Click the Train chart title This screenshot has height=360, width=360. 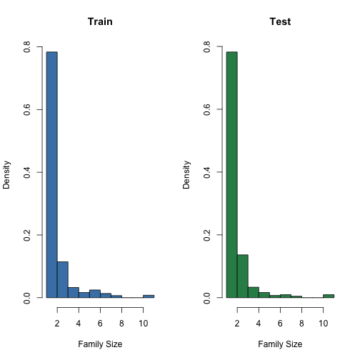coord(100,22)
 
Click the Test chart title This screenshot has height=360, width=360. coord(280,22)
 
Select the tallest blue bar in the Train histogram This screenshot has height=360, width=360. coord(51,174)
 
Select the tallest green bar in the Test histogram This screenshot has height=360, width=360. coord(231,174)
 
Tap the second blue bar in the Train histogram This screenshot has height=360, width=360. coord(62,279)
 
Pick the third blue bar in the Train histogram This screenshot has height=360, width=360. coord(73,292)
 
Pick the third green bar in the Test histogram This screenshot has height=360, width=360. coord(253,292)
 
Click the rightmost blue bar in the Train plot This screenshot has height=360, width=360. coord(149,296)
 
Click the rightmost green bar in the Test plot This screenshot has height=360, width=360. coord(329,295)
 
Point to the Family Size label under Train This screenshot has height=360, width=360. coord(100,344)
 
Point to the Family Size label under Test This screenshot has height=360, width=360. coord(280,344)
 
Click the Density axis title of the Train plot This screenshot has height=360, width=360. coord(7,172)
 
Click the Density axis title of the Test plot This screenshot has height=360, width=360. coord(187,172)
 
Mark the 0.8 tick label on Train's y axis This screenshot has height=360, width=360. coord(27,46)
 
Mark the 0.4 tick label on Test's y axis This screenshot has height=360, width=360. coord(207,172)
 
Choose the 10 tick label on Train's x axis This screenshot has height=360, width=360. coord(143,323)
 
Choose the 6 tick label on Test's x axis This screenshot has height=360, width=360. coord(280,323)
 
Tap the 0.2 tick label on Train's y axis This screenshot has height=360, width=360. coord(27,234)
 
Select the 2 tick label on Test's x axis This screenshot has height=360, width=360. coord(237,323)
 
